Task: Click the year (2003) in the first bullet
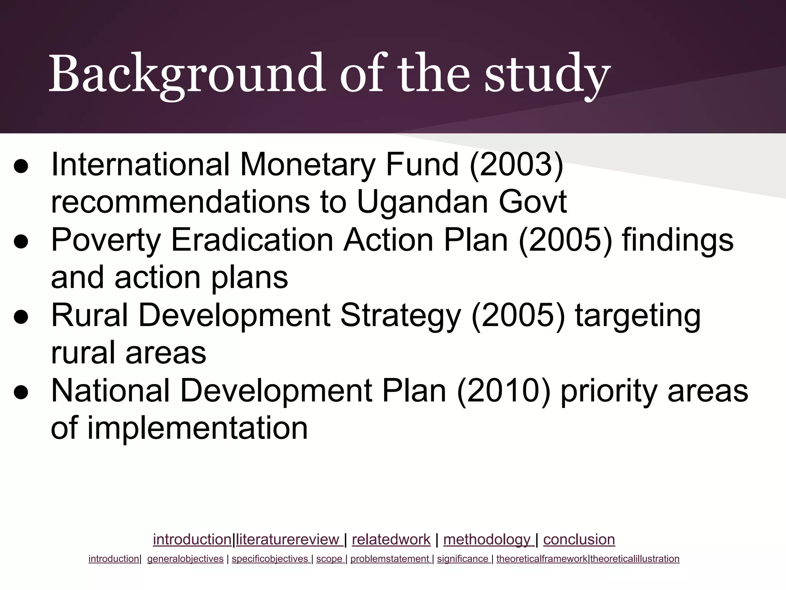516,165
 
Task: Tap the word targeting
637,315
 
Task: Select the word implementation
198,428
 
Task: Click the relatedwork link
391,540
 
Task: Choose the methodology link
487,540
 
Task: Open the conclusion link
579,540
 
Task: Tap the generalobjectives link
185,559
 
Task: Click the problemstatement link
390,559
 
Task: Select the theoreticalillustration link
635,559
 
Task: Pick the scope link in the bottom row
329,559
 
